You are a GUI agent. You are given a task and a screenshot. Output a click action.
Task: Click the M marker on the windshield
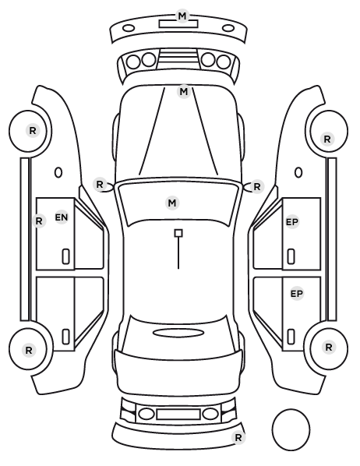click(x=172, y=203)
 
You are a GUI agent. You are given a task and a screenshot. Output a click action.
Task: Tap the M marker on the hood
click(x=184, y=91)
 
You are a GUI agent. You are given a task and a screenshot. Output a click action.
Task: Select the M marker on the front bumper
click(x=182, y=16)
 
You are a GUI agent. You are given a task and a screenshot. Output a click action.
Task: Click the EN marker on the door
click(x=62, y=217)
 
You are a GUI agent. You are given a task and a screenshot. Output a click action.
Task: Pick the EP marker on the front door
click(x=292, y=222)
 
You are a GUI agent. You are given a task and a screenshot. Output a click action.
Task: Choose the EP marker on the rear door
click(x=296, y=294)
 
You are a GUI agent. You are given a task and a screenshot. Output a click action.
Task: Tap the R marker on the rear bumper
click(x=238, y=437)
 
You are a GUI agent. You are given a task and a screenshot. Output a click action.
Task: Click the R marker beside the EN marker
click(x=39, y=221)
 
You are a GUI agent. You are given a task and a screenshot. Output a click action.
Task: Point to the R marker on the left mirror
click(x=100, y=184)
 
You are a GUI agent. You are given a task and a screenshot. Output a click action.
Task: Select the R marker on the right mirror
click(x=257, y=187)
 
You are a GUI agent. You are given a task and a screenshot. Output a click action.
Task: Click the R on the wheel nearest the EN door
click(x=33, y=130)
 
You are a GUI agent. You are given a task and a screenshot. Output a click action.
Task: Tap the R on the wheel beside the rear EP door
click(x=329, y=347)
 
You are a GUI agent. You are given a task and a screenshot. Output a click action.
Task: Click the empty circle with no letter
click(x=291, y=429)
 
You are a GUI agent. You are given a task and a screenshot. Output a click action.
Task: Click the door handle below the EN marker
click(x=66, y=256)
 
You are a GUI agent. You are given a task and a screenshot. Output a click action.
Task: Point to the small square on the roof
click(x=178, y=233)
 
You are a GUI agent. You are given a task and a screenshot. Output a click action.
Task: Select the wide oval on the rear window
click(x=178, y=333)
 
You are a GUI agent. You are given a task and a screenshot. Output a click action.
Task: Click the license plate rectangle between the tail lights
click(x=178, y=415)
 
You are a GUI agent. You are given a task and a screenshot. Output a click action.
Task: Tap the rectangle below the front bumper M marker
click(x=178, y=24)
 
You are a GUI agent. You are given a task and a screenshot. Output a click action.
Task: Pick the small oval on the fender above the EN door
click(x=58, y=173)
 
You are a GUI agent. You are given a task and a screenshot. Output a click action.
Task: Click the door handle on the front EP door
click(x=291, y=256)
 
